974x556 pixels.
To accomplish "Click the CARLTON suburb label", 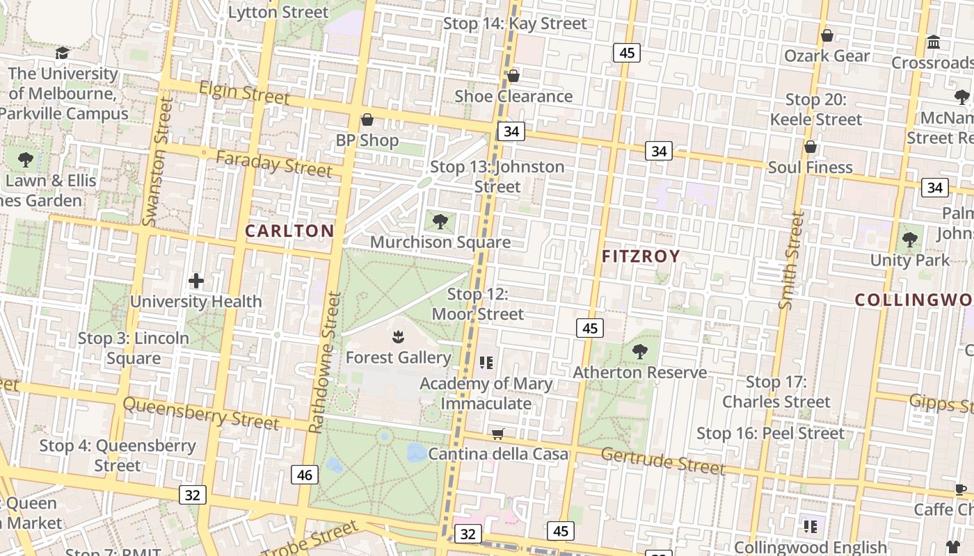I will (x=289, y=231).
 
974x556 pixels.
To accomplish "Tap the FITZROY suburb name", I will (x=641, y=256).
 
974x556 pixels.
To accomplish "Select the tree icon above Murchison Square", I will (x=440, y=222).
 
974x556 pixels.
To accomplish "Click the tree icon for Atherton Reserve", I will (x=639, y=352).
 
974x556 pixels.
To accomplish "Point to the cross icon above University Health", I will (x=196, y=281).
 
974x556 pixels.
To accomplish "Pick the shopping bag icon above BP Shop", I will (x=367, y=120).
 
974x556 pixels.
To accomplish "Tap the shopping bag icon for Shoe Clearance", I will (x=513, y=76).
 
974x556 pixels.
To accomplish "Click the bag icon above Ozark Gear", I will (x=827, y=35).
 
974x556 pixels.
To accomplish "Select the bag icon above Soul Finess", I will (x=810, y=147).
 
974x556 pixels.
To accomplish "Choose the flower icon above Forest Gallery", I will (x=398, y=337).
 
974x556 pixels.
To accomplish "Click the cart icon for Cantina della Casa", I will (x=497, y=434).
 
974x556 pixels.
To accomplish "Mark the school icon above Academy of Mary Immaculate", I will (x=486, y=363).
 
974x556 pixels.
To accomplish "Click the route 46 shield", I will (x=304, y=475).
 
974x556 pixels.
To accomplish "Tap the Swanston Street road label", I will (x=157, y=161).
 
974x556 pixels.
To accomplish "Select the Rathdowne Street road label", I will (x=325, y=362).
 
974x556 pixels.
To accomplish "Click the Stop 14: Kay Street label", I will (x=515, y=24).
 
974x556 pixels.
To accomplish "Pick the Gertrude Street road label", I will (x=662, y=460).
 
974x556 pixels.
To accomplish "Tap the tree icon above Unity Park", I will (x=909, y=240).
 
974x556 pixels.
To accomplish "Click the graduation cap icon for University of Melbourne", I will (x=63, y=54).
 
